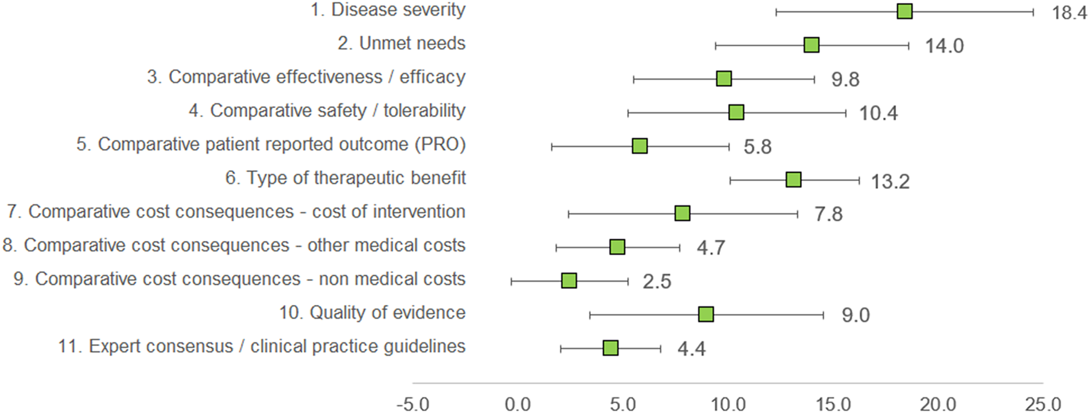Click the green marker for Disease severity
pos(904,11)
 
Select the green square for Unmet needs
pos(811,45)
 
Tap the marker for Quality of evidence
pos(706,314)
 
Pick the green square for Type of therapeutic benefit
pos(793,180)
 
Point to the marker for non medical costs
pos(569,281)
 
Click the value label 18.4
pos(1070,13)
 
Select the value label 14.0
pos(945,46)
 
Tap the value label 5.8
pos(757,147)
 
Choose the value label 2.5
pos(657,282)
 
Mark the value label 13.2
pos(890,181)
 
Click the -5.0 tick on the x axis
pos(413,403)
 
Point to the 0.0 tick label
pos(518,403)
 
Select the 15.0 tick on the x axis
pos(833,403)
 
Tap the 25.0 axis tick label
pos(1044,403)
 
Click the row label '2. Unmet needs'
pos(402,43)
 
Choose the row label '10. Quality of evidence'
pos(372,312)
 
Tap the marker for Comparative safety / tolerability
pos(736,113)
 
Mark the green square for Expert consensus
pos(611,348)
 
